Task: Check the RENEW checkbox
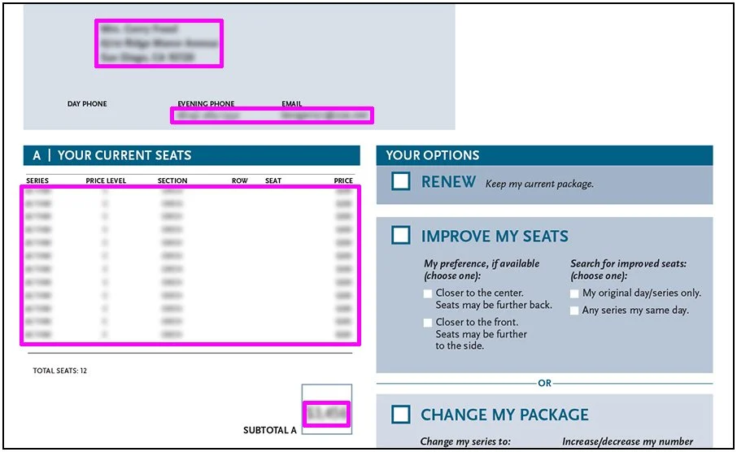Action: click(x=400, y=181)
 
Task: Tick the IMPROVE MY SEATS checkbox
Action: click(x=400, y=236)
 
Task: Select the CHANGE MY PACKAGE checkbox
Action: click(x=400, y=415)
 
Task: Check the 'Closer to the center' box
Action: click(x=428, y=293)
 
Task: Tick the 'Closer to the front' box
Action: click(x=428, y=323)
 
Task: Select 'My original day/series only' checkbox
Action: click(x=574, y=293)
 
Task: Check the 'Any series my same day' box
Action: click(x=574, y=311)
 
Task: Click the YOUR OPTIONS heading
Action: click(x=433, y=155)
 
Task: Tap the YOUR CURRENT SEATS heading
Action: click(x=124, y=155)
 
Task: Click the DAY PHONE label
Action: click(x=87, y=104)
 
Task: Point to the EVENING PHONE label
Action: click(x=206, y=104)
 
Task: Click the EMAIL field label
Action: click(x=291, y=104)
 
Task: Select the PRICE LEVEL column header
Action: click(x=106, y=180)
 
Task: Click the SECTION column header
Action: click(x=172, y=180)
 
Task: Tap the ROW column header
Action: click(x=239, y=180)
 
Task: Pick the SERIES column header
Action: click(x=37, y=180)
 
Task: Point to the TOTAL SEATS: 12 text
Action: click(x=59, y=371)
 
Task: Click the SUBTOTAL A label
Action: click(x=270, y=429)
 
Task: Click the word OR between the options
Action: click(x=544, y=383)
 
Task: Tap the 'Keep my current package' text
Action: click(x=539, y=184)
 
